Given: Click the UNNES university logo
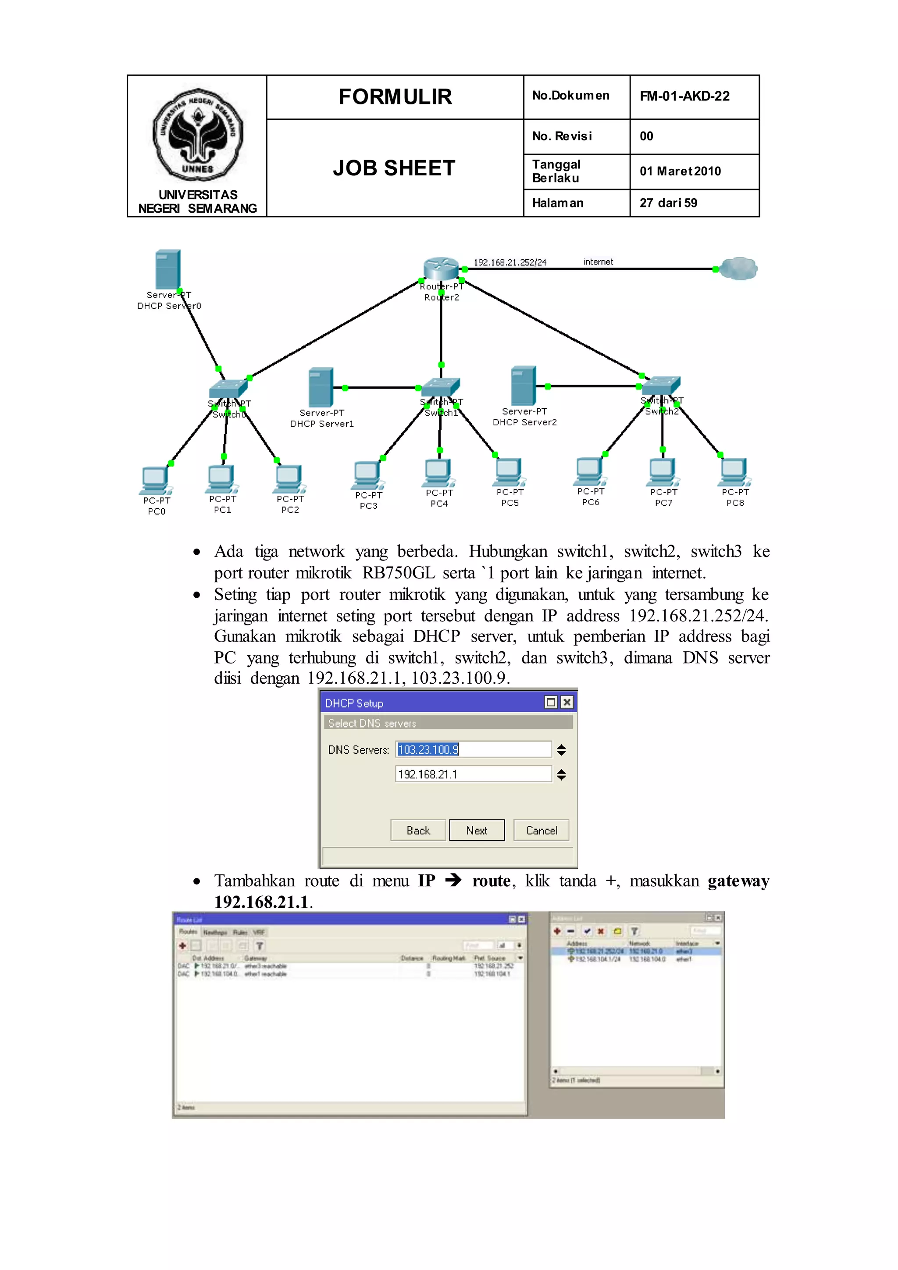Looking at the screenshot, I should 197,135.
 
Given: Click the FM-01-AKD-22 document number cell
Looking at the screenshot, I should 684,96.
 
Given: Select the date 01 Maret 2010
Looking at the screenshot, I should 680,171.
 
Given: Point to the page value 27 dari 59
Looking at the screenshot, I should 669,203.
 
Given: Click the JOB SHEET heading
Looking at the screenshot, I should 394,168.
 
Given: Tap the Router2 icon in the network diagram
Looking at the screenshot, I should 441,268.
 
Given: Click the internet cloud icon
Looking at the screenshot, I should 739,269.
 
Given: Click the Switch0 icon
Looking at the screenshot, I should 227,388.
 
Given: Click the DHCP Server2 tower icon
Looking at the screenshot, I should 523,385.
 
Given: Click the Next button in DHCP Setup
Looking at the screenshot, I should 477,830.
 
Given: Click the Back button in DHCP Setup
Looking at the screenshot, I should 418,830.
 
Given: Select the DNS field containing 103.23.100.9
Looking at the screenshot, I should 473,749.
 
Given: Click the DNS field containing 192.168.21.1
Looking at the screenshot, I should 473,774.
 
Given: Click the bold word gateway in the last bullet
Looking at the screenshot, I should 738,881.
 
